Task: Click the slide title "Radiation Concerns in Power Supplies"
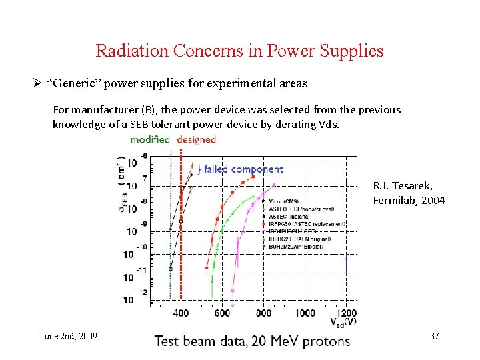[x=239, y=51]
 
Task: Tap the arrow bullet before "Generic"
[x=37, y=83]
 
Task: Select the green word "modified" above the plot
[x=150, y=139]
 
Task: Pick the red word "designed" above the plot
[x=197, y=139]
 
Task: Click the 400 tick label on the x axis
[x=181, y=313]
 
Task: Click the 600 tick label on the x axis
[x=222, y=313]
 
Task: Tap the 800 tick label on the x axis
[x=263, y=313]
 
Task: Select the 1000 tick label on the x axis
[x=304, y=313]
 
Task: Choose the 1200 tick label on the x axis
[x=345, y=313]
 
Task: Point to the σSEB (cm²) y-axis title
[x=121, y=181]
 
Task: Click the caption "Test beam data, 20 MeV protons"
[x=252, y=341]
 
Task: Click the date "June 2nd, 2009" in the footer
[x=69, y=336]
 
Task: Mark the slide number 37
[x=435, y=336]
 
